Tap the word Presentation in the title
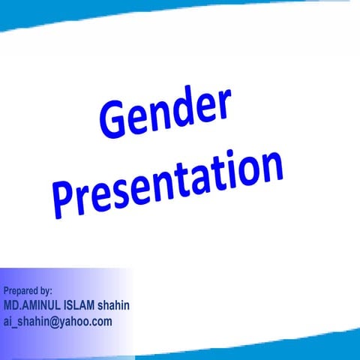click(169, 184)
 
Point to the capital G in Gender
click(113, 124)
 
